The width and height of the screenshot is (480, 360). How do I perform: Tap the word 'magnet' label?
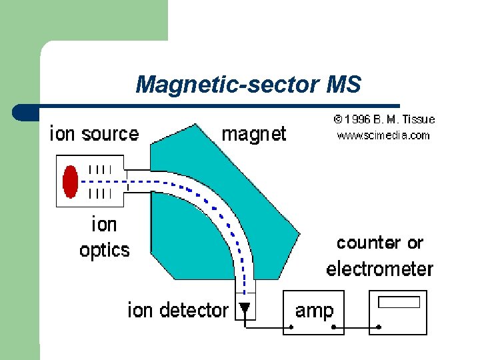click(x=253, y=134)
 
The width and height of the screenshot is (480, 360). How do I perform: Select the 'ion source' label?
click(x=95, y=134)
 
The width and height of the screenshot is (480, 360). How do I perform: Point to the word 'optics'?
click(x=104, y=250)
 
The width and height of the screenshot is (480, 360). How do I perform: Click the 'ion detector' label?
click(x=178, y=310)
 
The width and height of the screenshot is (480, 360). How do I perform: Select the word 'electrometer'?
click(x=379, y=269)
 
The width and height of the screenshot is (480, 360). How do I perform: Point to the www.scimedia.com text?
click(x=383, y=135)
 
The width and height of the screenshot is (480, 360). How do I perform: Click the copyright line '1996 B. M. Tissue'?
click(x=385, y=119)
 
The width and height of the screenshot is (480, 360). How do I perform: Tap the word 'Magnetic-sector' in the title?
click(x=228, y=85)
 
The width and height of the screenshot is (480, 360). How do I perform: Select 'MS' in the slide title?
click(x=344, y=85)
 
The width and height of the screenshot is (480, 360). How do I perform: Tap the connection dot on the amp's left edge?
click(x=291, y=327)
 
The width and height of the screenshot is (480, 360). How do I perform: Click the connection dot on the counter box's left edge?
click(x=379, y=327)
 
